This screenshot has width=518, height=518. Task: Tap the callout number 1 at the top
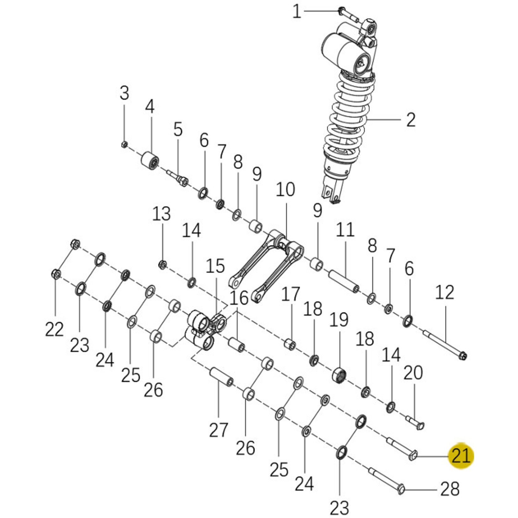pyautogui.click(x=296, y=12)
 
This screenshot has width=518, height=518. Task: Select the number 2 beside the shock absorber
pyautogui.click(x=410, y=120)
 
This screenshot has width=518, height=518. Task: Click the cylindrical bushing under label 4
pyautogui.click(x=149, y=161)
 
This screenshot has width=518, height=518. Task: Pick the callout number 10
pyautogui.click(x=285, y=190)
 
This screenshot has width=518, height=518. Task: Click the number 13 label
pyautogui.click(x=161, y=214)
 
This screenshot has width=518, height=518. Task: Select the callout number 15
pyautogui.click(x=216, y=266)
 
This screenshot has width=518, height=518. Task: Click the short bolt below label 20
pyautogui.click(x=415, y=421)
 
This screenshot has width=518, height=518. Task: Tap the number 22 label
pyautogui.click(x=55, y=329)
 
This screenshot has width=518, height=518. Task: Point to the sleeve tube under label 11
pyautogui.click(x=344, y=280)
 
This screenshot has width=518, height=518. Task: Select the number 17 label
pyautogui.click(x=291, y=295)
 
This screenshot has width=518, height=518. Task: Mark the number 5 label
pyautogui.click(x=178, y=129)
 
